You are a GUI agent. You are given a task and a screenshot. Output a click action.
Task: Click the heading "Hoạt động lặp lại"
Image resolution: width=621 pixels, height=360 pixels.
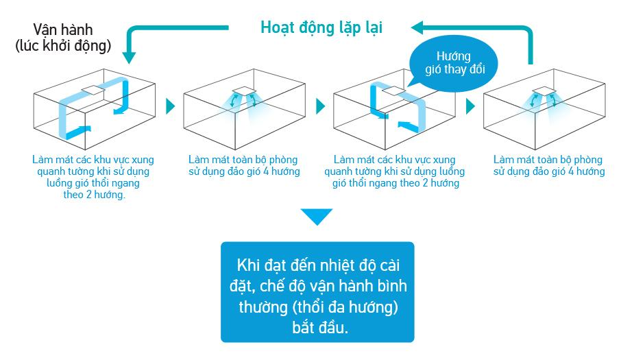pyautogui.click(x=321, y=28)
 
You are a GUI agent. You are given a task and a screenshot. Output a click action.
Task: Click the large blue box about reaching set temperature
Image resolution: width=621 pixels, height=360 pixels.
pyautogui.click(x=317, y=292)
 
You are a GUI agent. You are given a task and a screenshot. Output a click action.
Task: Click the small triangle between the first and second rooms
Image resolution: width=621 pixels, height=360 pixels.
pyautogui.click(x=171, y=107)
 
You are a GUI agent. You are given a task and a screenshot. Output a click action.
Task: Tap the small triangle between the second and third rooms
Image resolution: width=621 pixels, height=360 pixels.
pyautogui.click(x=320, y=107)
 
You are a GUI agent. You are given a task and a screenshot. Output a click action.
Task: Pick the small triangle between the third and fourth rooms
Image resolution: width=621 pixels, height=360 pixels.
pyautogui.click(x=470, y=107)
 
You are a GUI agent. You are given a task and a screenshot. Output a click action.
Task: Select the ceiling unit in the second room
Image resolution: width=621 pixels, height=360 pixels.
pyautogui.click(x=241, y=91)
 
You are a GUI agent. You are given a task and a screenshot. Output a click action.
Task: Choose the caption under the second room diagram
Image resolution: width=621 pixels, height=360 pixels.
pyautogui.click(x=244, y=165)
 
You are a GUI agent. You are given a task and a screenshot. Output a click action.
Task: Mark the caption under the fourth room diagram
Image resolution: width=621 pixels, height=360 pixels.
pyautogui.click(x=549, y=165)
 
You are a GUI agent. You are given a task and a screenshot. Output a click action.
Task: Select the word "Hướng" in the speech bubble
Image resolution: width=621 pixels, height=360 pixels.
pyautogui.click(x=453, y=56)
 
